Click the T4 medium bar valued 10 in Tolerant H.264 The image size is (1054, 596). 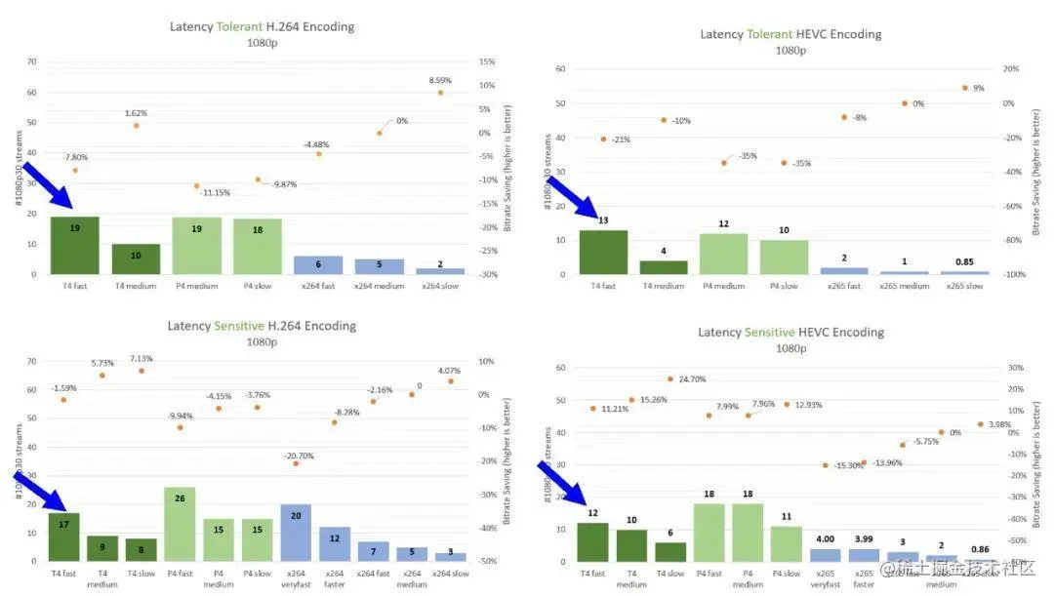point(136,259)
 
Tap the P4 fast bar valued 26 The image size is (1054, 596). point(180,524)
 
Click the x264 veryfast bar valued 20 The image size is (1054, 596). point(296,533)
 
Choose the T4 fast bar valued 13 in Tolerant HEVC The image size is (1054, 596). point(603,253)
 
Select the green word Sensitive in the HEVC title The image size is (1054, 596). point(769,333)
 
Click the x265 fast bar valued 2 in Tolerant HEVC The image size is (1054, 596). point(844,270)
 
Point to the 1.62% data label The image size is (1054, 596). point(137,113)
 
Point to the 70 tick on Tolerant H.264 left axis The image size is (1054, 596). point(31,61)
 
